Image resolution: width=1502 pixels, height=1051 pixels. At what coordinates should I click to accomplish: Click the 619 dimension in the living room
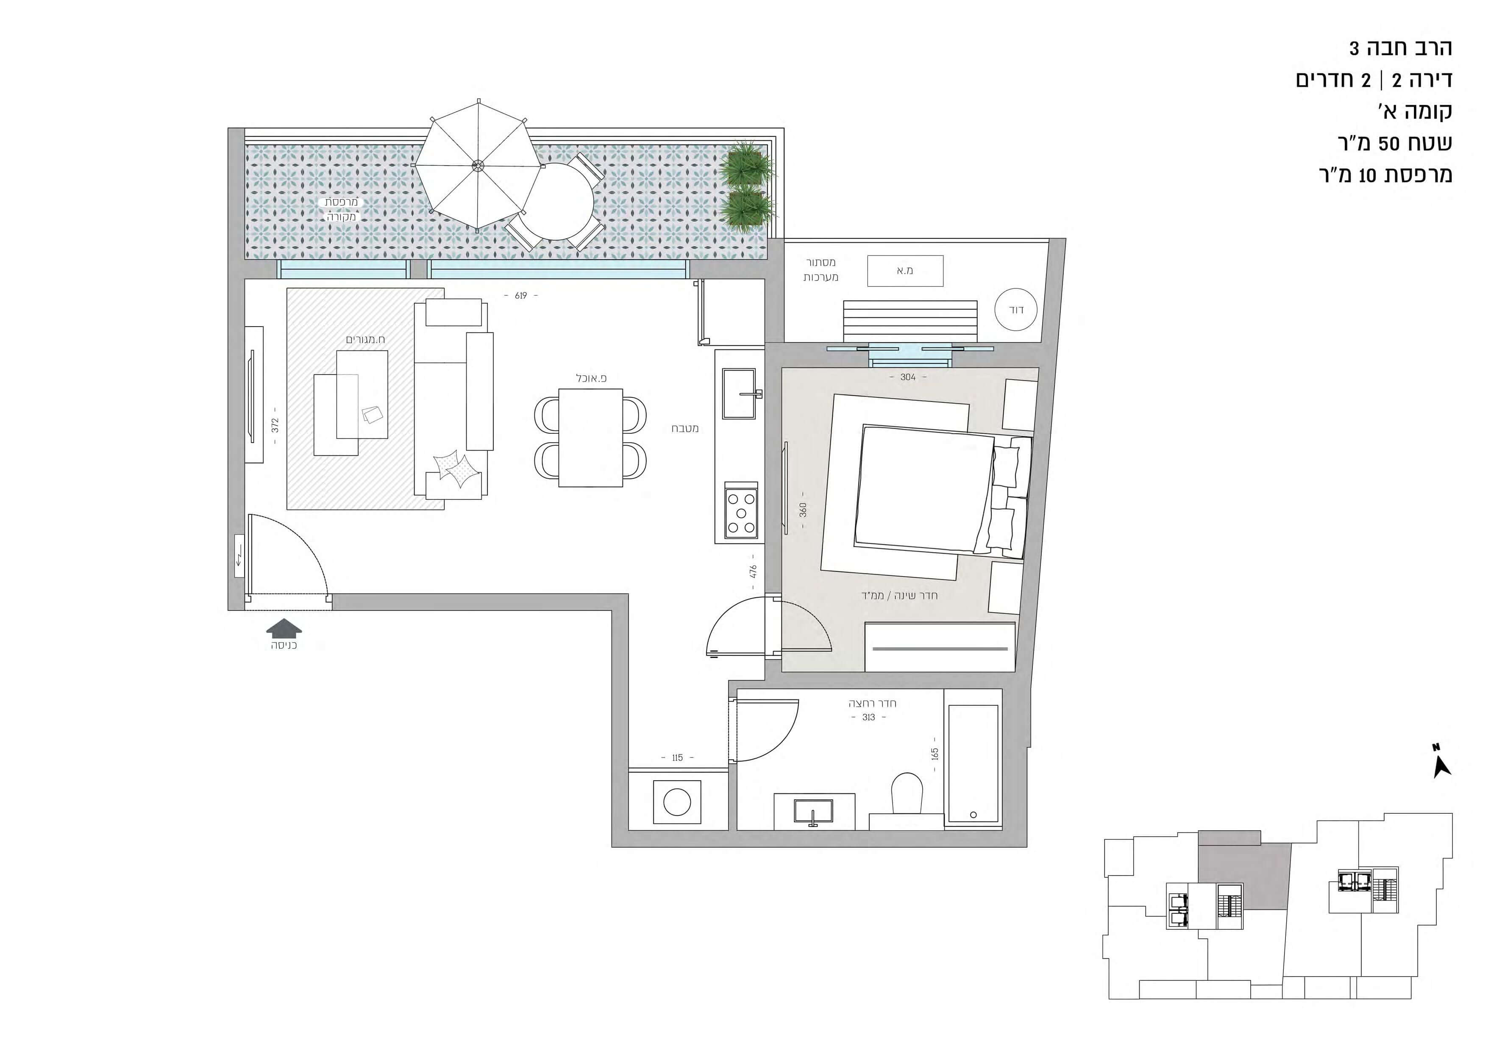coord(521,296)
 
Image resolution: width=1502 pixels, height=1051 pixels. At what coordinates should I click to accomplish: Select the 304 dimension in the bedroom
coord(908,377)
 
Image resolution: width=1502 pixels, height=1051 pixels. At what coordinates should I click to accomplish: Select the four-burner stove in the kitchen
coord(741,513)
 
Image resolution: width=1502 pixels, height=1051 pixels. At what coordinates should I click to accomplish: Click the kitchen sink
coord(739,393)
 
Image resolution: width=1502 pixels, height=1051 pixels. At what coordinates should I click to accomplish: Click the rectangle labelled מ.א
coord(905,271)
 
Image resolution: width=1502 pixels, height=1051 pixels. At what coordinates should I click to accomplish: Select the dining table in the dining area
coord(590,438)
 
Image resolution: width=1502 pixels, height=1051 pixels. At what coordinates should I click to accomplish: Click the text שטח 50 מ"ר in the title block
coord(1394,143)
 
